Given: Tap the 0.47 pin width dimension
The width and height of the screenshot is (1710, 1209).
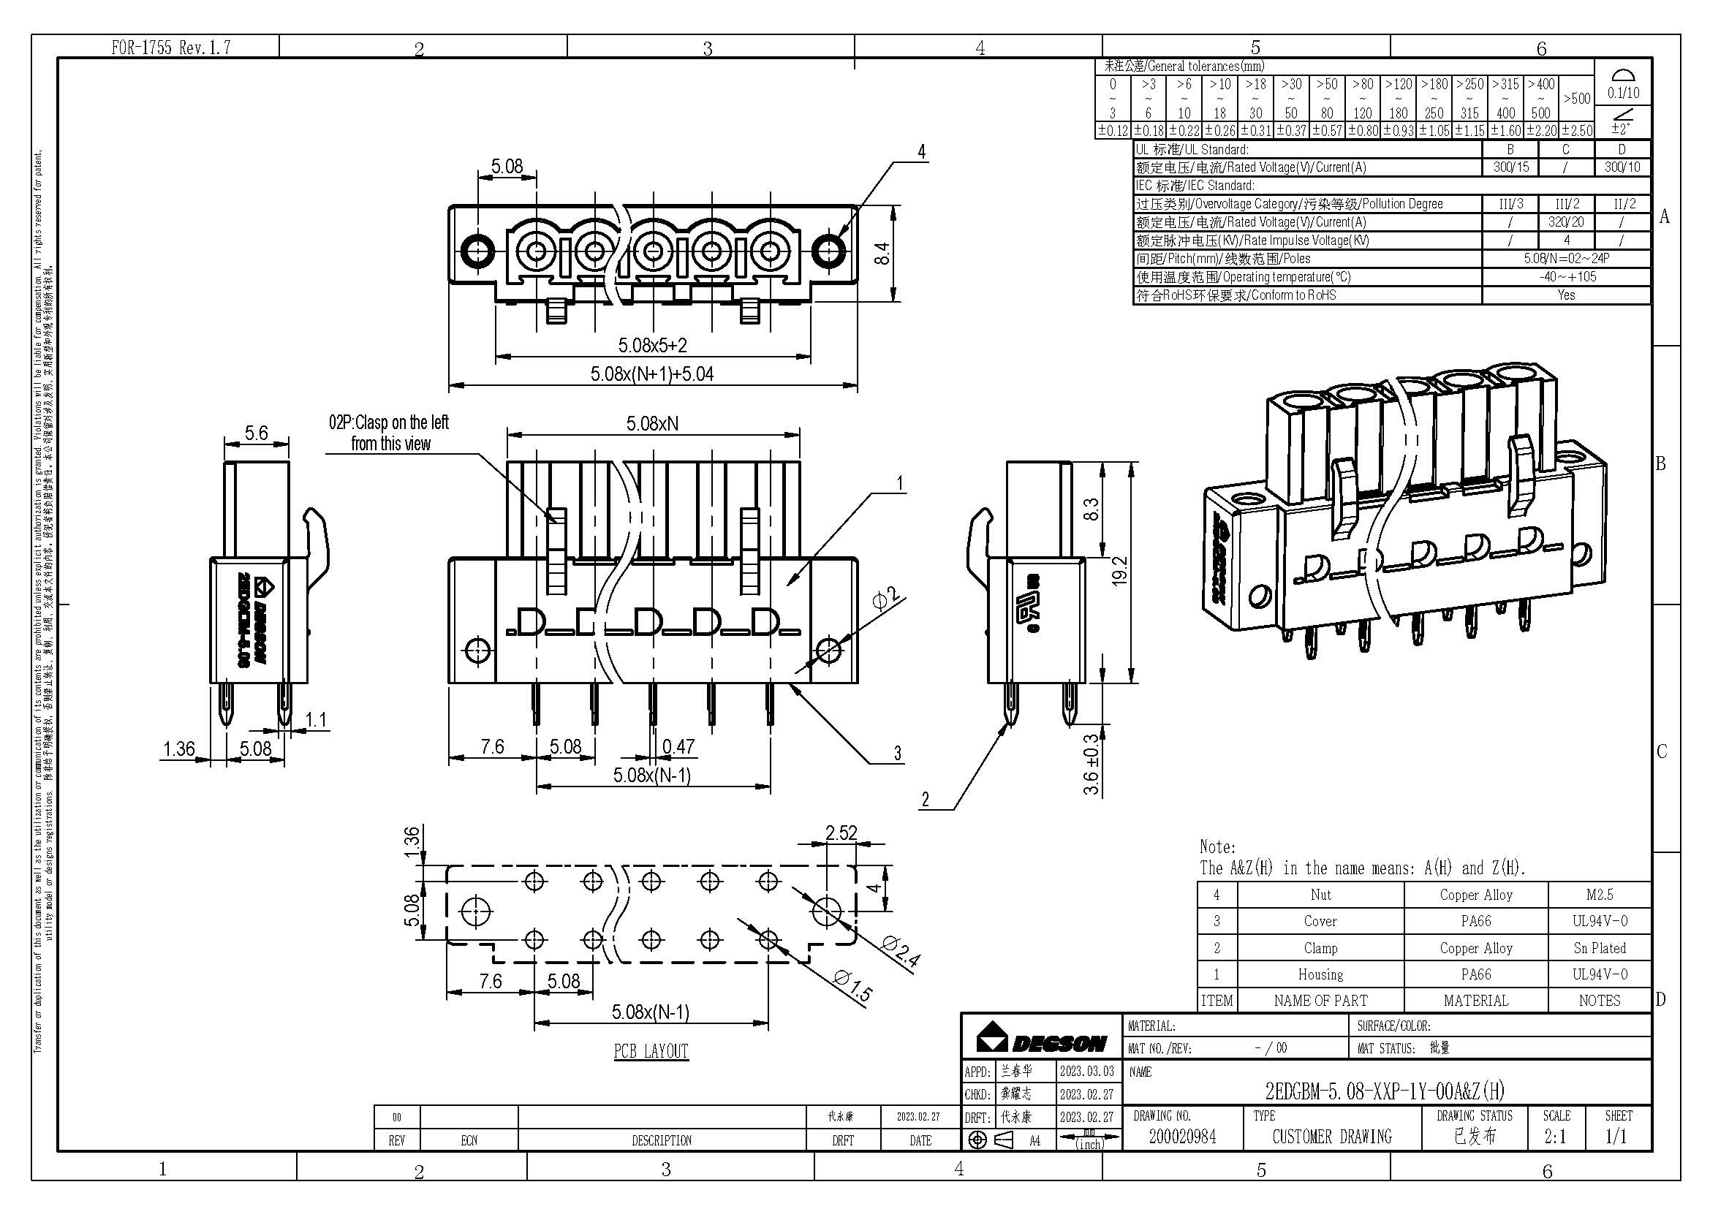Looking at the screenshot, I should (x=678, y=746).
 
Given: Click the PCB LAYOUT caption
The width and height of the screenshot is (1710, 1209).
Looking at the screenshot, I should (x=651, y=1050).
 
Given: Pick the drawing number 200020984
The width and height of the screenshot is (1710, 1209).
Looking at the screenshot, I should (x=1182, y=1136).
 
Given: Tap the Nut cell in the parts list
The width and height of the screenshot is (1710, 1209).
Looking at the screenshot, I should (x=1320, y=895).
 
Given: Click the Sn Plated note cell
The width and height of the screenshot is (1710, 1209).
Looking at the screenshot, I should (x=1599, y=948).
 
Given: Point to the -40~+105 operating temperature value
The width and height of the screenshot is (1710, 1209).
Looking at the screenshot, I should (x=1567, y=277).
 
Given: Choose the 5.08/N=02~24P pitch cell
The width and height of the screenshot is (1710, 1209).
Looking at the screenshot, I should (x=1567, y=258).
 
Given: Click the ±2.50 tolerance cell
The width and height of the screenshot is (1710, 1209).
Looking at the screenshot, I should (x=1577, y=131).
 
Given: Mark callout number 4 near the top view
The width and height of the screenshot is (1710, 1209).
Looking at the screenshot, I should (x=922, y=152).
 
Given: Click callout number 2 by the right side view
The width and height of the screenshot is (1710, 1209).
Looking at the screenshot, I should (x=925, y=800).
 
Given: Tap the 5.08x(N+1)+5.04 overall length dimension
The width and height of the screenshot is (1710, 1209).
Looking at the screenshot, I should (x=651, y=374).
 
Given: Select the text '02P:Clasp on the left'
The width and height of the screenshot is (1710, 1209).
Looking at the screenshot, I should (x=389, y=422).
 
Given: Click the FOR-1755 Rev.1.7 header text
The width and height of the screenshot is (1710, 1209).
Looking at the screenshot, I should (x=170, y=48).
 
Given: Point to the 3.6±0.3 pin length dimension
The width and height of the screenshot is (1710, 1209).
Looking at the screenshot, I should (x=1092, y=764).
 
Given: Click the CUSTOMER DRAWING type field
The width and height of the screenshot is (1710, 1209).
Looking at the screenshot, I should (x=1331, y=1136).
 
